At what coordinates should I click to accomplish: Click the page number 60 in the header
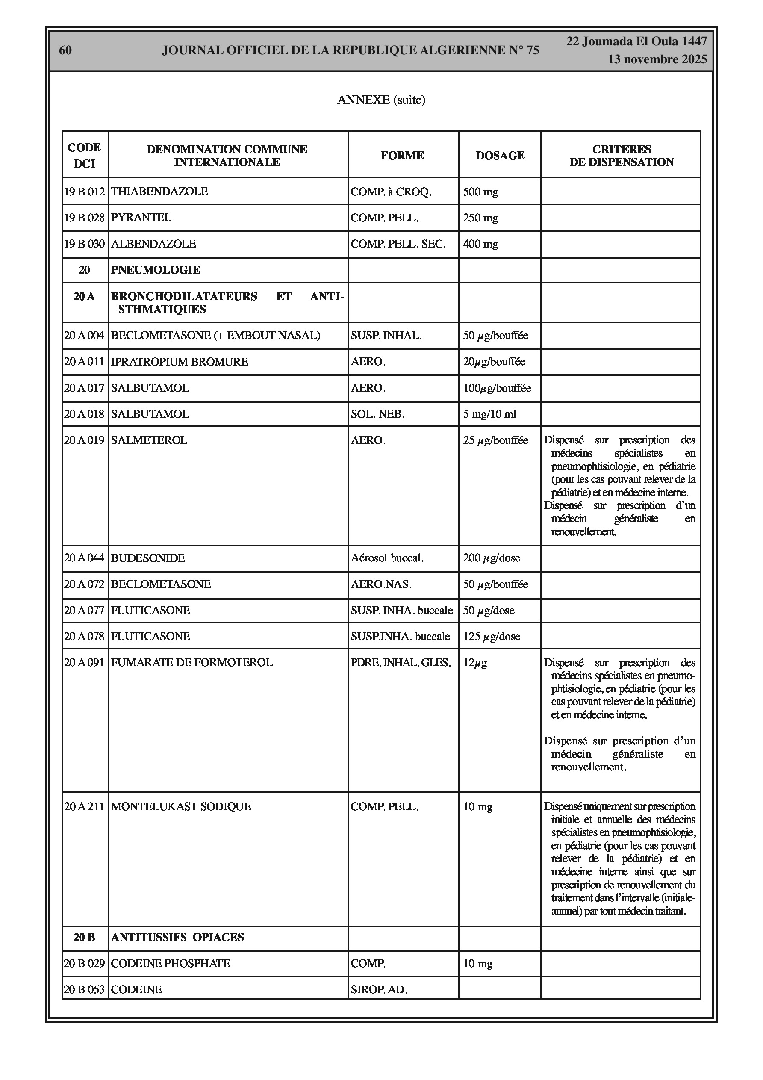(x=65, y=50)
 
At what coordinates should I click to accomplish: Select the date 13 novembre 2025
(x=657, y=59)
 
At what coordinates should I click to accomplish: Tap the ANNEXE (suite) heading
(x=381, y=100)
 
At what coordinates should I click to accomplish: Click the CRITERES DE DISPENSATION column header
(x=621, y=156)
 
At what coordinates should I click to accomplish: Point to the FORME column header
(x=402, y=156)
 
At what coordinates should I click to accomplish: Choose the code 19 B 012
(x=84, y=192)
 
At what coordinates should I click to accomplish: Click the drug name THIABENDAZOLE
(x=159, y=192)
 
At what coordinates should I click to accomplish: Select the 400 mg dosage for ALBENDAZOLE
(x=480, y=244)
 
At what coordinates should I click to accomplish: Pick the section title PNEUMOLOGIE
(x=156, y=270)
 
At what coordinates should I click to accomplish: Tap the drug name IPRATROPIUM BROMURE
(x=179, y=362)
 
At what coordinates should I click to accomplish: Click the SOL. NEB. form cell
(x=377, y=414)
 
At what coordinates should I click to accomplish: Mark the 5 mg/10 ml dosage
(x=489, y=414)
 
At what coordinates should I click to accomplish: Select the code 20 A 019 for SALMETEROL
(x=84, y=440)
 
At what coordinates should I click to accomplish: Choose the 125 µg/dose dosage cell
(x=491, y=637)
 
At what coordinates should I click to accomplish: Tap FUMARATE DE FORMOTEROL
(x=191, y=663)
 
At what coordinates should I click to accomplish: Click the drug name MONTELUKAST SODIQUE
(x=181, y=807)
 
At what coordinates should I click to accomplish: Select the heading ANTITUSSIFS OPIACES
(x=177, y=938)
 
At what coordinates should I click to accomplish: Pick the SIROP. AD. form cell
(x=379, y=990)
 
